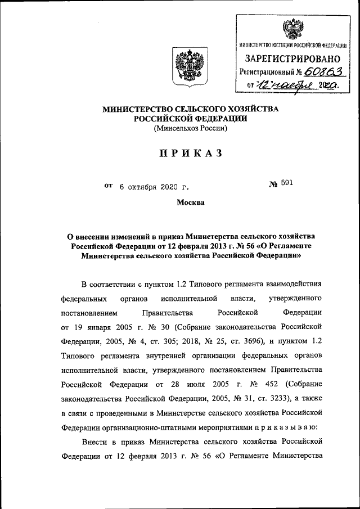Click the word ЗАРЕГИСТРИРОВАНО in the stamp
[x=292, y=58]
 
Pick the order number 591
[x=287, y=183]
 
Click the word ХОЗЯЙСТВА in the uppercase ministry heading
[x=250, y=108]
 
